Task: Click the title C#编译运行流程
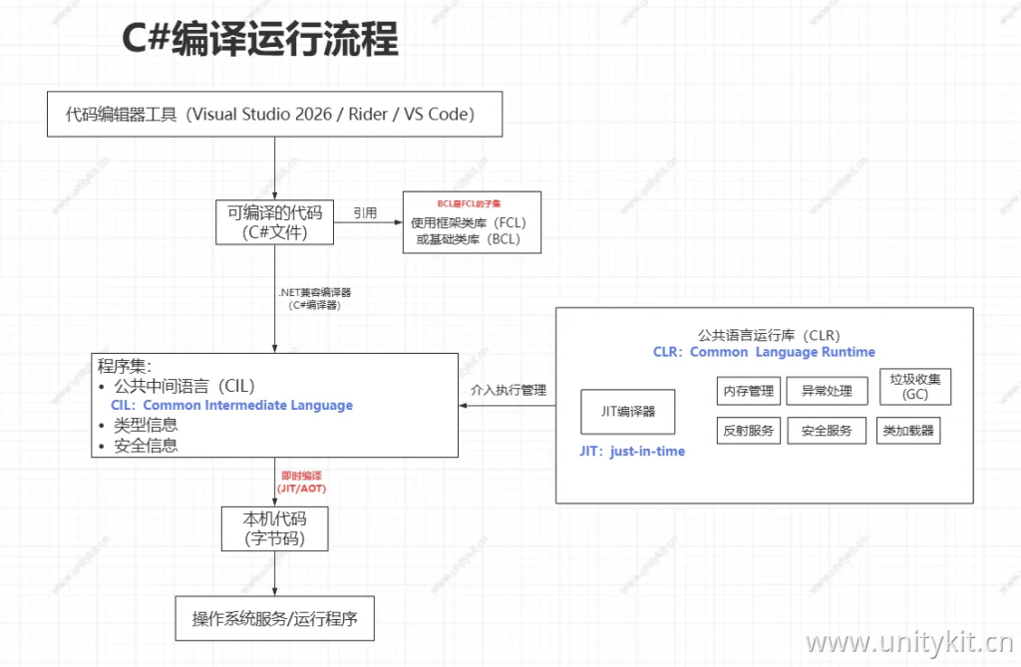click(259, 40)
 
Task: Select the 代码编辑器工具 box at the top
click(274, 114)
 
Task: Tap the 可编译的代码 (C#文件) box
click(275, 222)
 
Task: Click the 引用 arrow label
click(365, 213)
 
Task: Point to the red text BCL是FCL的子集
click(469, 203)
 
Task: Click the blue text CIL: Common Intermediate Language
click(232, 406)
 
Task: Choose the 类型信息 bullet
click(146, 426)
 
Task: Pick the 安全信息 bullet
click(146, 446)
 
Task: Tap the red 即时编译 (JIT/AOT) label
click(301, 483)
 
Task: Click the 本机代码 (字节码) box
click(274, 528)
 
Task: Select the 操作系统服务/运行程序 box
click(274, 619)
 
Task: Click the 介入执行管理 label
click(509, 391)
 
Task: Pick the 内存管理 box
click(747, 391)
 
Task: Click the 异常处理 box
click(827, 391)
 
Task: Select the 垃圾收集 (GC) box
click(914, 387)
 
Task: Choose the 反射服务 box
click(747, 431)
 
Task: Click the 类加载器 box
click(908, 431)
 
